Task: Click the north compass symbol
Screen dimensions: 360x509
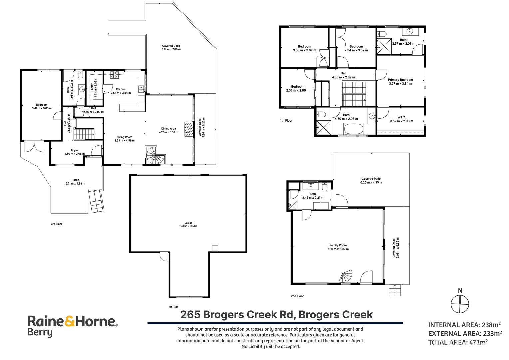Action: pos(460,304)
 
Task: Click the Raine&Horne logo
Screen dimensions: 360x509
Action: pos(72,326)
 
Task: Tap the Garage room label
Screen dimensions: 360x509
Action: pos(188,223)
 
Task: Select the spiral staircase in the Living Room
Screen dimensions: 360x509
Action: pos(154,155)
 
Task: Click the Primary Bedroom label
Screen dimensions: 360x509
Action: pos(400,80)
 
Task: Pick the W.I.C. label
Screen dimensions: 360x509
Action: pos(401,117)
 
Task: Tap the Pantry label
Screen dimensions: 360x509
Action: pos(92,87)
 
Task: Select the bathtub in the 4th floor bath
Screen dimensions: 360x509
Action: pos(354,129)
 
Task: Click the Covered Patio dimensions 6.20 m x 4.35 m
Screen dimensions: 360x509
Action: pos(371,183)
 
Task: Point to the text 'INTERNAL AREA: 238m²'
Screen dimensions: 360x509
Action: pos(465,325)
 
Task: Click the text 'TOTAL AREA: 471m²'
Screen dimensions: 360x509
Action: pos(458,342)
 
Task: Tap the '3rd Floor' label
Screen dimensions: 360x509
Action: pos(57,224)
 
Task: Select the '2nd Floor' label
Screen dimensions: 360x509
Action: pos(297,296)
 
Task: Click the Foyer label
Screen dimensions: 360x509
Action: pos(74,150)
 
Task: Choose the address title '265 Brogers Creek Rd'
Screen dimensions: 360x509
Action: pos(237,315)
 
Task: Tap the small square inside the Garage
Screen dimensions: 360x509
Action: pos(215,248)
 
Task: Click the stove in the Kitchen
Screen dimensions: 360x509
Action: pos(115,75)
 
